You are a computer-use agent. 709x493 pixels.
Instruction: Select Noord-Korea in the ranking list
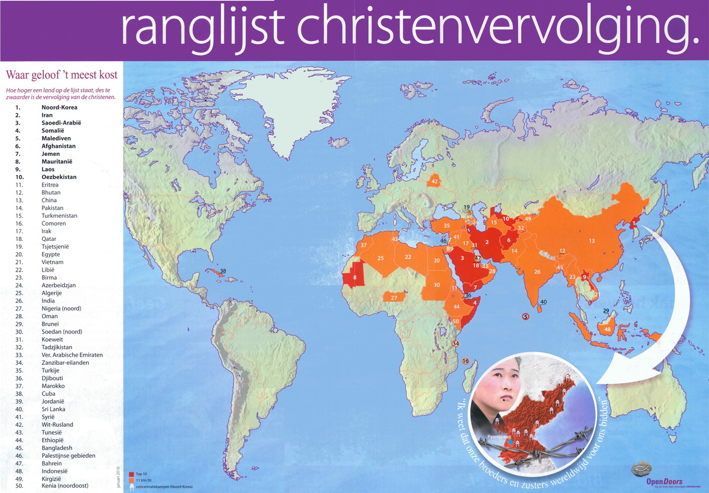tap(59, 107)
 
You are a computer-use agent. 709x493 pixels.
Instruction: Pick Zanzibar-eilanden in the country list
tap(66, 363)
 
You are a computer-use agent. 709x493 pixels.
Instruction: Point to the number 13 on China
tap(591, 240)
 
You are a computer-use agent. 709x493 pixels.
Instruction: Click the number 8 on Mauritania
tap(354, 277)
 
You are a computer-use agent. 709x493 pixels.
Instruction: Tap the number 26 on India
tap(537, 272)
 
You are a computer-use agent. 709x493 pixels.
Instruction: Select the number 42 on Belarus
tap(434, 181)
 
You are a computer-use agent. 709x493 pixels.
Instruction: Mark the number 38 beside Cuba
tap(223, 271)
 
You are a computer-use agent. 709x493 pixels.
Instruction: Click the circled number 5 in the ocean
tap(525, 316)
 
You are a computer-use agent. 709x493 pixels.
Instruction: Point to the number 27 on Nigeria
tap(393, 298)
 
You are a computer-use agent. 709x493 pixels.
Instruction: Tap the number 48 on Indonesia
tap(607, 329)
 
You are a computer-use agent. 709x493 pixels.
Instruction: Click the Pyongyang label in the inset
tap(499, 438)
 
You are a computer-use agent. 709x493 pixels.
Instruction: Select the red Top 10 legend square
tap(131, 475)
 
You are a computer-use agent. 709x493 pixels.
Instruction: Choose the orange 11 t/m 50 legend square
tap(131, 481)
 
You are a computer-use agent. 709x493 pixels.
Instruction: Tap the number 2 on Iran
tap(487, 241)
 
